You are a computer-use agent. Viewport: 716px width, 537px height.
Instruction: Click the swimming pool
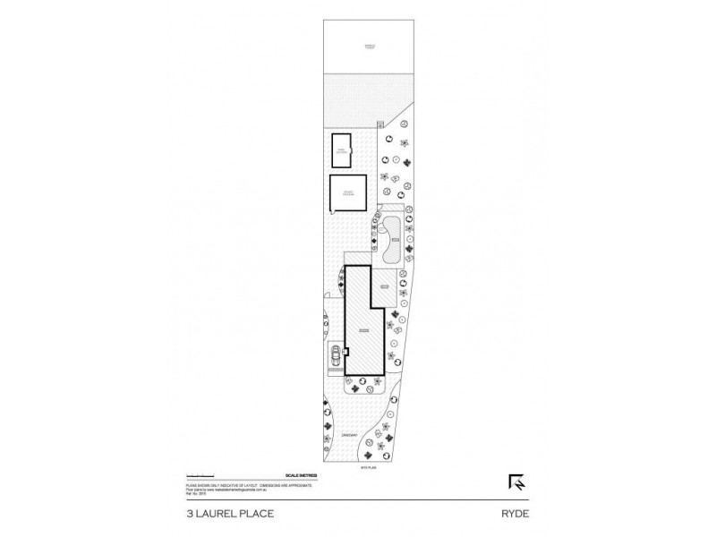click(x=393, y=238)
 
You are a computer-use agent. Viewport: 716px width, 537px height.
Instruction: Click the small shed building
click(x=342, y=150)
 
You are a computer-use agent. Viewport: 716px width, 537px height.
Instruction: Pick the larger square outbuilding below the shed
click(x=348, y=192)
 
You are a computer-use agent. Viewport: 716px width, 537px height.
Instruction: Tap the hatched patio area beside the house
click(x=383, y=288)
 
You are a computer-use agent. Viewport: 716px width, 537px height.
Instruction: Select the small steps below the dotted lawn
click(x=381, y=124)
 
